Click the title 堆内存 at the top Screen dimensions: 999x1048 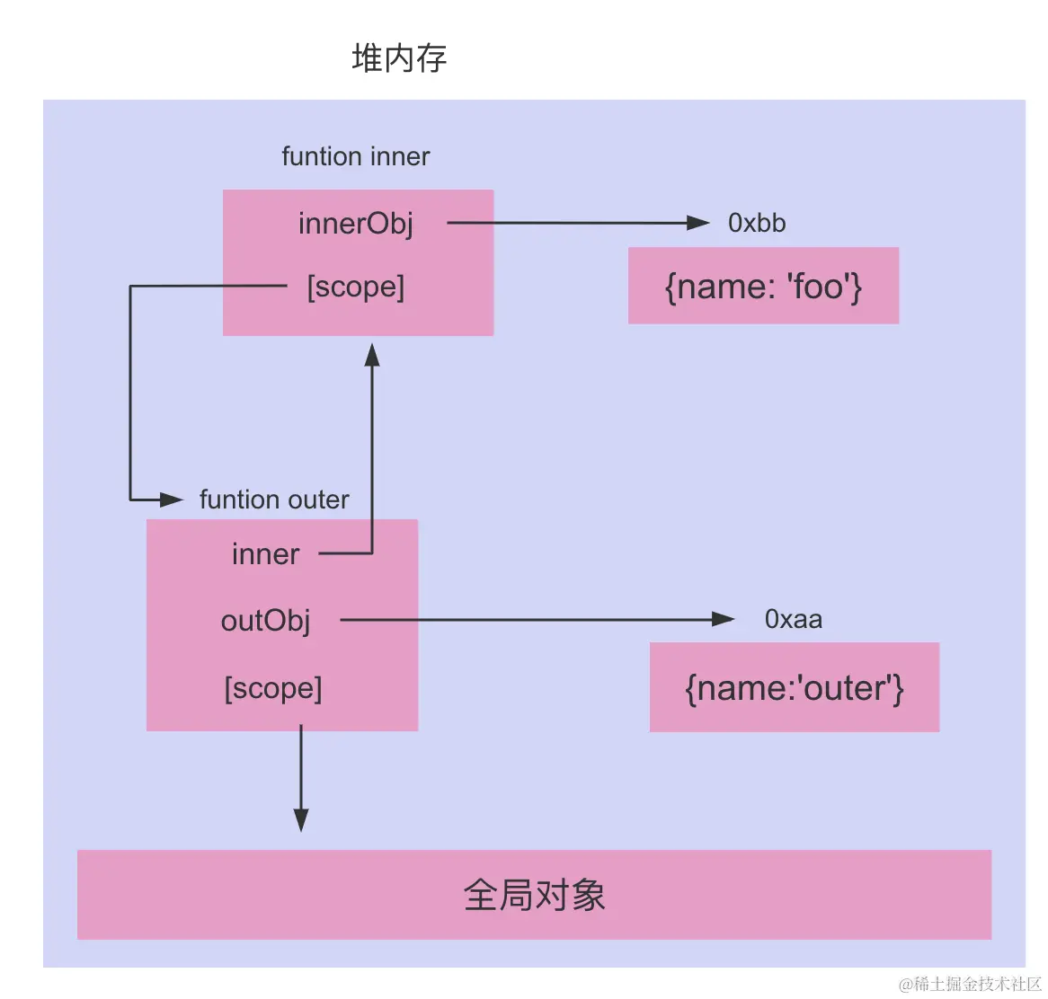coord(399,58)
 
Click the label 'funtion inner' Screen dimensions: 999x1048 coord(355,156)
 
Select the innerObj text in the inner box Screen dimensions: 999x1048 coord(356,223)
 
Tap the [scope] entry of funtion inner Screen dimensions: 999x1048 coord(356,287)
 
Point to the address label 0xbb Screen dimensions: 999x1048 coord(757,223)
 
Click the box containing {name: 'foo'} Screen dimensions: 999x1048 coord(763,286)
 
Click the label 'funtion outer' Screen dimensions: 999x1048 coord(274,499)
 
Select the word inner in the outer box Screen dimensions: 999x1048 coord(265,554)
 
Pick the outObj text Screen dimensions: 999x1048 coord(265,620)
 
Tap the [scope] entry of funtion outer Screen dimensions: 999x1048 coord(273,688)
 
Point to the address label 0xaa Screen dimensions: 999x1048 coord(793,619)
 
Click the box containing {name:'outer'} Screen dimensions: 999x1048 coord(794,687)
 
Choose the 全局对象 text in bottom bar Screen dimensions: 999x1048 coord(534,895)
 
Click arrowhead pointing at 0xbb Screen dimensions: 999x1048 coord(698,223)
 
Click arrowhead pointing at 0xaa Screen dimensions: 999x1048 coord(723,619)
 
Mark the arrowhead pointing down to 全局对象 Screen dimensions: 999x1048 coord(301,819)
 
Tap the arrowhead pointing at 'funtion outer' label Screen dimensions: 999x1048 coord(172,499)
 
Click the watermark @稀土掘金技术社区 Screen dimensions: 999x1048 coord(970,984)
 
